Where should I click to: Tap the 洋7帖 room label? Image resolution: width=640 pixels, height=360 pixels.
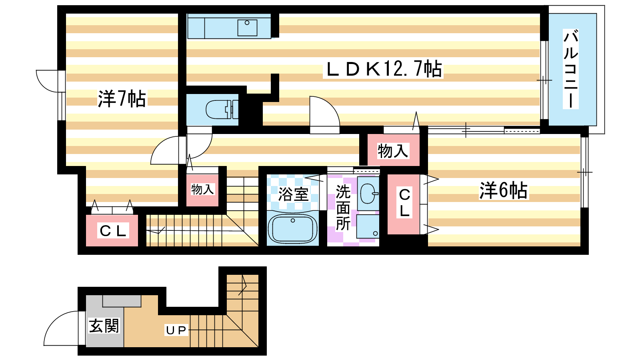point(122,98)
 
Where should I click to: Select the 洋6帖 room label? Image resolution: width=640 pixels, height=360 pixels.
point(504,190)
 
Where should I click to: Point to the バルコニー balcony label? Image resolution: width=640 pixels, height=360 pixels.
point(570,69)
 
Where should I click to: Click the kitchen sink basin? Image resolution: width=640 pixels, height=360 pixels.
point(247,28)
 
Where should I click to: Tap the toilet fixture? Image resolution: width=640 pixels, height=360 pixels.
point(222,109)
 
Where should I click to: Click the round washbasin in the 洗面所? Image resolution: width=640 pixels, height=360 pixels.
point(368,194)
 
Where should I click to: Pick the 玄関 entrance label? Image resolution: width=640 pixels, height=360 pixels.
point(104,326)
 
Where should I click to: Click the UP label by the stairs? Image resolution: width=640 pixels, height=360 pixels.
point(176,330)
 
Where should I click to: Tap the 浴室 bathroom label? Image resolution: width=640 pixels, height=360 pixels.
point(293,194)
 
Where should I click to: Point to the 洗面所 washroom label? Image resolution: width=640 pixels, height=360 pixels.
point(343,208)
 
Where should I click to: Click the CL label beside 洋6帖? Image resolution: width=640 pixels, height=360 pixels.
point(404,202)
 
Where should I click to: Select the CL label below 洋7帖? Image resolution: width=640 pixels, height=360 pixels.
point(113,230)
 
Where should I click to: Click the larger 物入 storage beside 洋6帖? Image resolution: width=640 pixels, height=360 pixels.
point(393,150)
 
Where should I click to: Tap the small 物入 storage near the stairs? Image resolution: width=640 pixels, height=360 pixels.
point(202,189)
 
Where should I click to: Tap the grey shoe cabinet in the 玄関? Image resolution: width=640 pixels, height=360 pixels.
point(122,301)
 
